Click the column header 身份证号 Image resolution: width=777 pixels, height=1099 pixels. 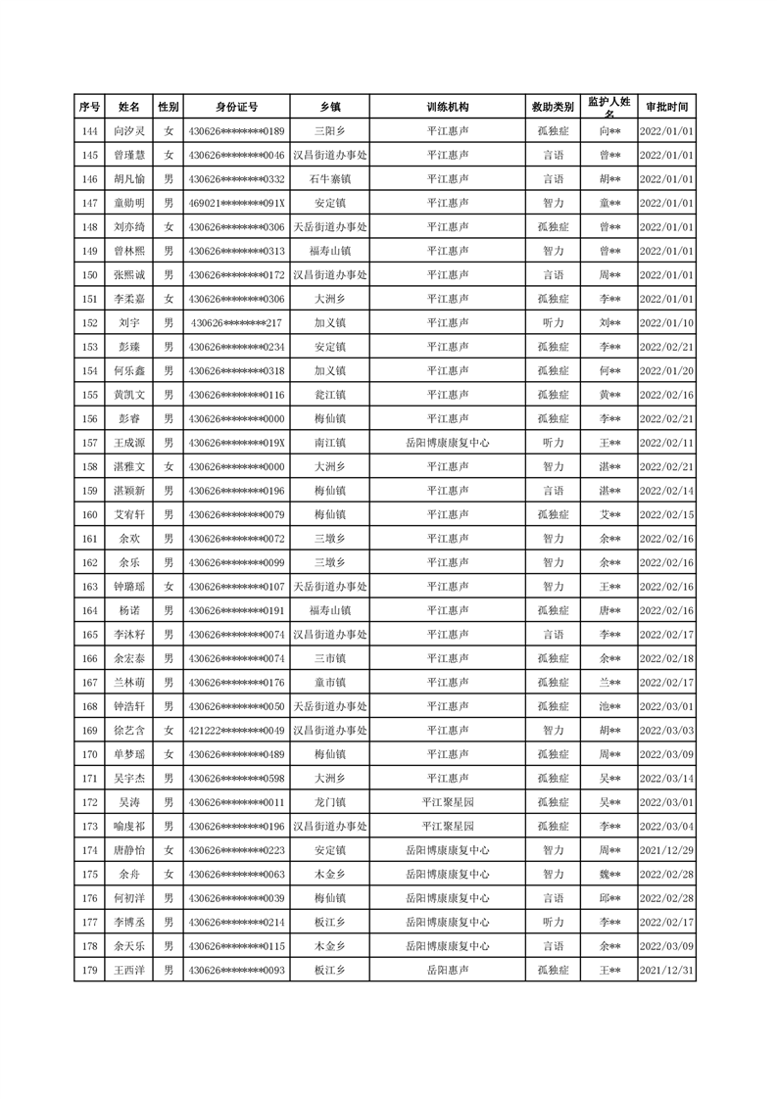click(236, 107)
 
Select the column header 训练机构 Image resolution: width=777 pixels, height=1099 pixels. click(448, 107)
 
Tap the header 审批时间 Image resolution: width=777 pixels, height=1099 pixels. click(666, 107)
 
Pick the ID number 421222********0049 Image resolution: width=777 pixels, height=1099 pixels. click(236, 731)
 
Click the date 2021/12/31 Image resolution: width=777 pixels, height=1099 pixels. click(666, 970)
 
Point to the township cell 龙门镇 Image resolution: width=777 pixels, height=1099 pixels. click(329, 802)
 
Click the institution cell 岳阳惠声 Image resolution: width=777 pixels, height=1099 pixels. click(448, 970)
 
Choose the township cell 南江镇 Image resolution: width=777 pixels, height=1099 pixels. click(329, 443)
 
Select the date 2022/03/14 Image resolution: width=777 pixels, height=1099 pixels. click(666, 779)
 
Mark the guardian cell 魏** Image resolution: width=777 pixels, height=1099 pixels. click(609, 874)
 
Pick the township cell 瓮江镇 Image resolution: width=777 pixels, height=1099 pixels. click(329, 395)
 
